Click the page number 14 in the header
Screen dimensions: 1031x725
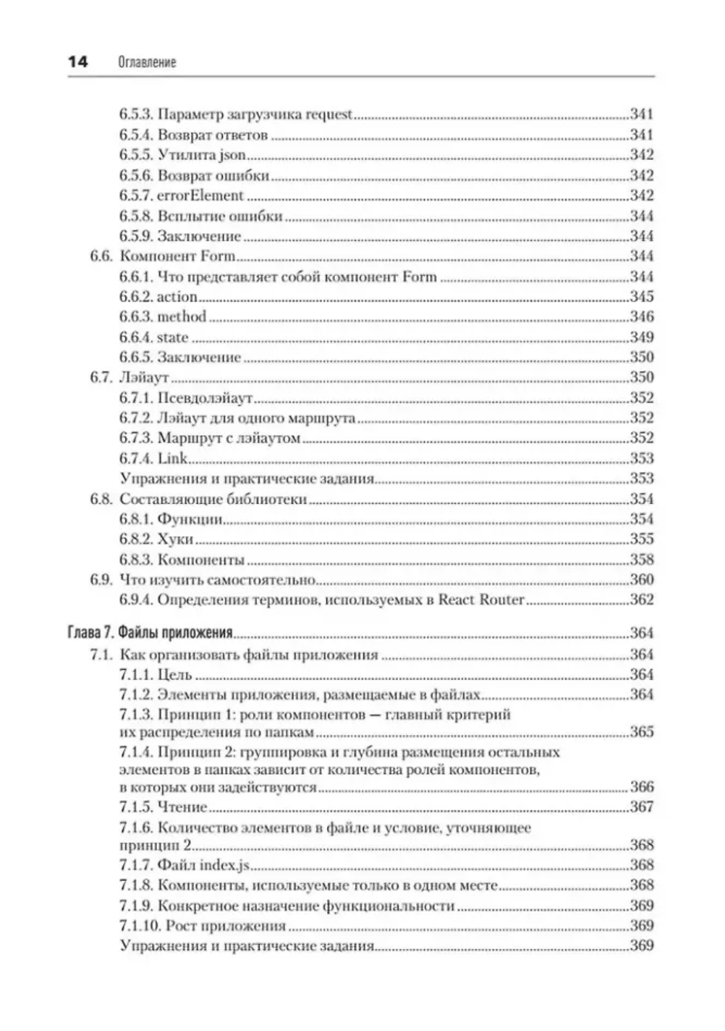tap(77, 62)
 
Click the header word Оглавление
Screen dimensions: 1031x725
tap(146, 63)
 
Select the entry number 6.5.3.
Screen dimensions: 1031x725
tap(135, 114)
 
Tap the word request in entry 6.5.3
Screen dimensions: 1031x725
tap(329, 114)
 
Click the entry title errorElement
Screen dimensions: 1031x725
tap(200, 195)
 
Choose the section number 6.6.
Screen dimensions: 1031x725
tap(101, 256)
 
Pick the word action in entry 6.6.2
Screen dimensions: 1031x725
tap(177, 297)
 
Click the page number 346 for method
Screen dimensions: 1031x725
tap(642, 316)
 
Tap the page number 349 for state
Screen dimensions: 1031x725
tap(642, 337)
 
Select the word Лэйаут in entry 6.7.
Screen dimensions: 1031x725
tap(144, 377)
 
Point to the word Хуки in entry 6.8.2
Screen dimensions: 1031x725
tap(175, 539)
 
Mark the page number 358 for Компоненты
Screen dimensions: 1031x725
tap(642, 560)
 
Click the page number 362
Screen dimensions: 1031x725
tap(642, 600)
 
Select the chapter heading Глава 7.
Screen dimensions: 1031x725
tap(90, 634)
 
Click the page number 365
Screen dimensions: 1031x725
tap(642, 732)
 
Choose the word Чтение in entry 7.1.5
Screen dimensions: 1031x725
tap(182, 807)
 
